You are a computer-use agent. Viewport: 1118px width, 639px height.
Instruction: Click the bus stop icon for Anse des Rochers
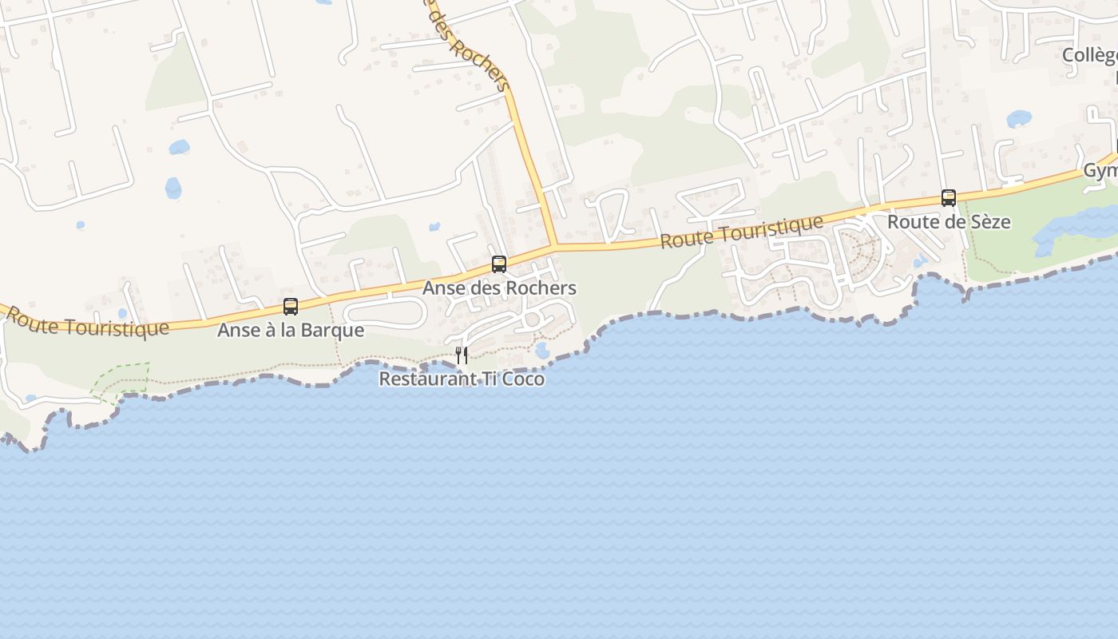(499, 264)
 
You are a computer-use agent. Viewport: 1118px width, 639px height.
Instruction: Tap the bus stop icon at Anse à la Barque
(291, 306)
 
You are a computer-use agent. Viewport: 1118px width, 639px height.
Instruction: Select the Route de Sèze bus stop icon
(949, 197)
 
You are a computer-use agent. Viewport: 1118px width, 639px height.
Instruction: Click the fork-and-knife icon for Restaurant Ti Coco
(462, 355)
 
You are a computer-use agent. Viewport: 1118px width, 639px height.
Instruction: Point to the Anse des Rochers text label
(499, 288)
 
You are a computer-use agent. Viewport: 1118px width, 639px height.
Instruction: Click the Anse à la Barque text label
(291, 330)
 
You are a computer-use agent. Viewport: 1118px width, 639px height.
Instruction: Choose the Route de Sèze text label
(949, 222)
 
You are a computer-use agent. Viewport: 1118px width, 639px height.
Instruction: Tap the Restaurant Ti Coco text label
(462, 379)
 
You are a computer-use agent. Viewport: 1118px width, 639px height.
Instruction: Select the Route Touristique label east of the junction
(741, 232)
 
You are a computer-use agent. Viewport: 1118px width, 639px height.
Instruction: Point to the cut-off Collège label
(1089, 55)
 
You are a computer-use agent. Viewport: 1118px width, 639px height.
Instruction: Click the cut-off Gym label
(1100, 171)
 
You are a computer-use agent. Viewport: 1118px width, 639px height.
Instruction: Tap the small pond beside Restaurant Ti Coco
(543, 350)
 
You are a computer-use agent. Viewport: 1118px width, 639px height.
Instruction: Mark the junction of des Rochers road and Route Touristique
(554, 247)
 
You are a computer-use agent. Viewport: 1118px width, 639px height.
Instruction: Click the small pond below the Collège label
(1019, 119)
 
